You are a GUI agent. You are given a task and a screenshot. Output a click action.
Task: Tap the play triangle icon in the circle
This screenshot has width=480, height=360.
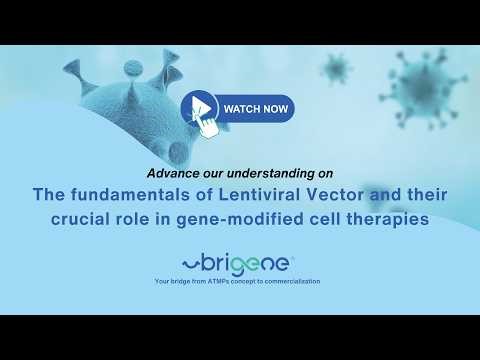pos(200,106)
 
